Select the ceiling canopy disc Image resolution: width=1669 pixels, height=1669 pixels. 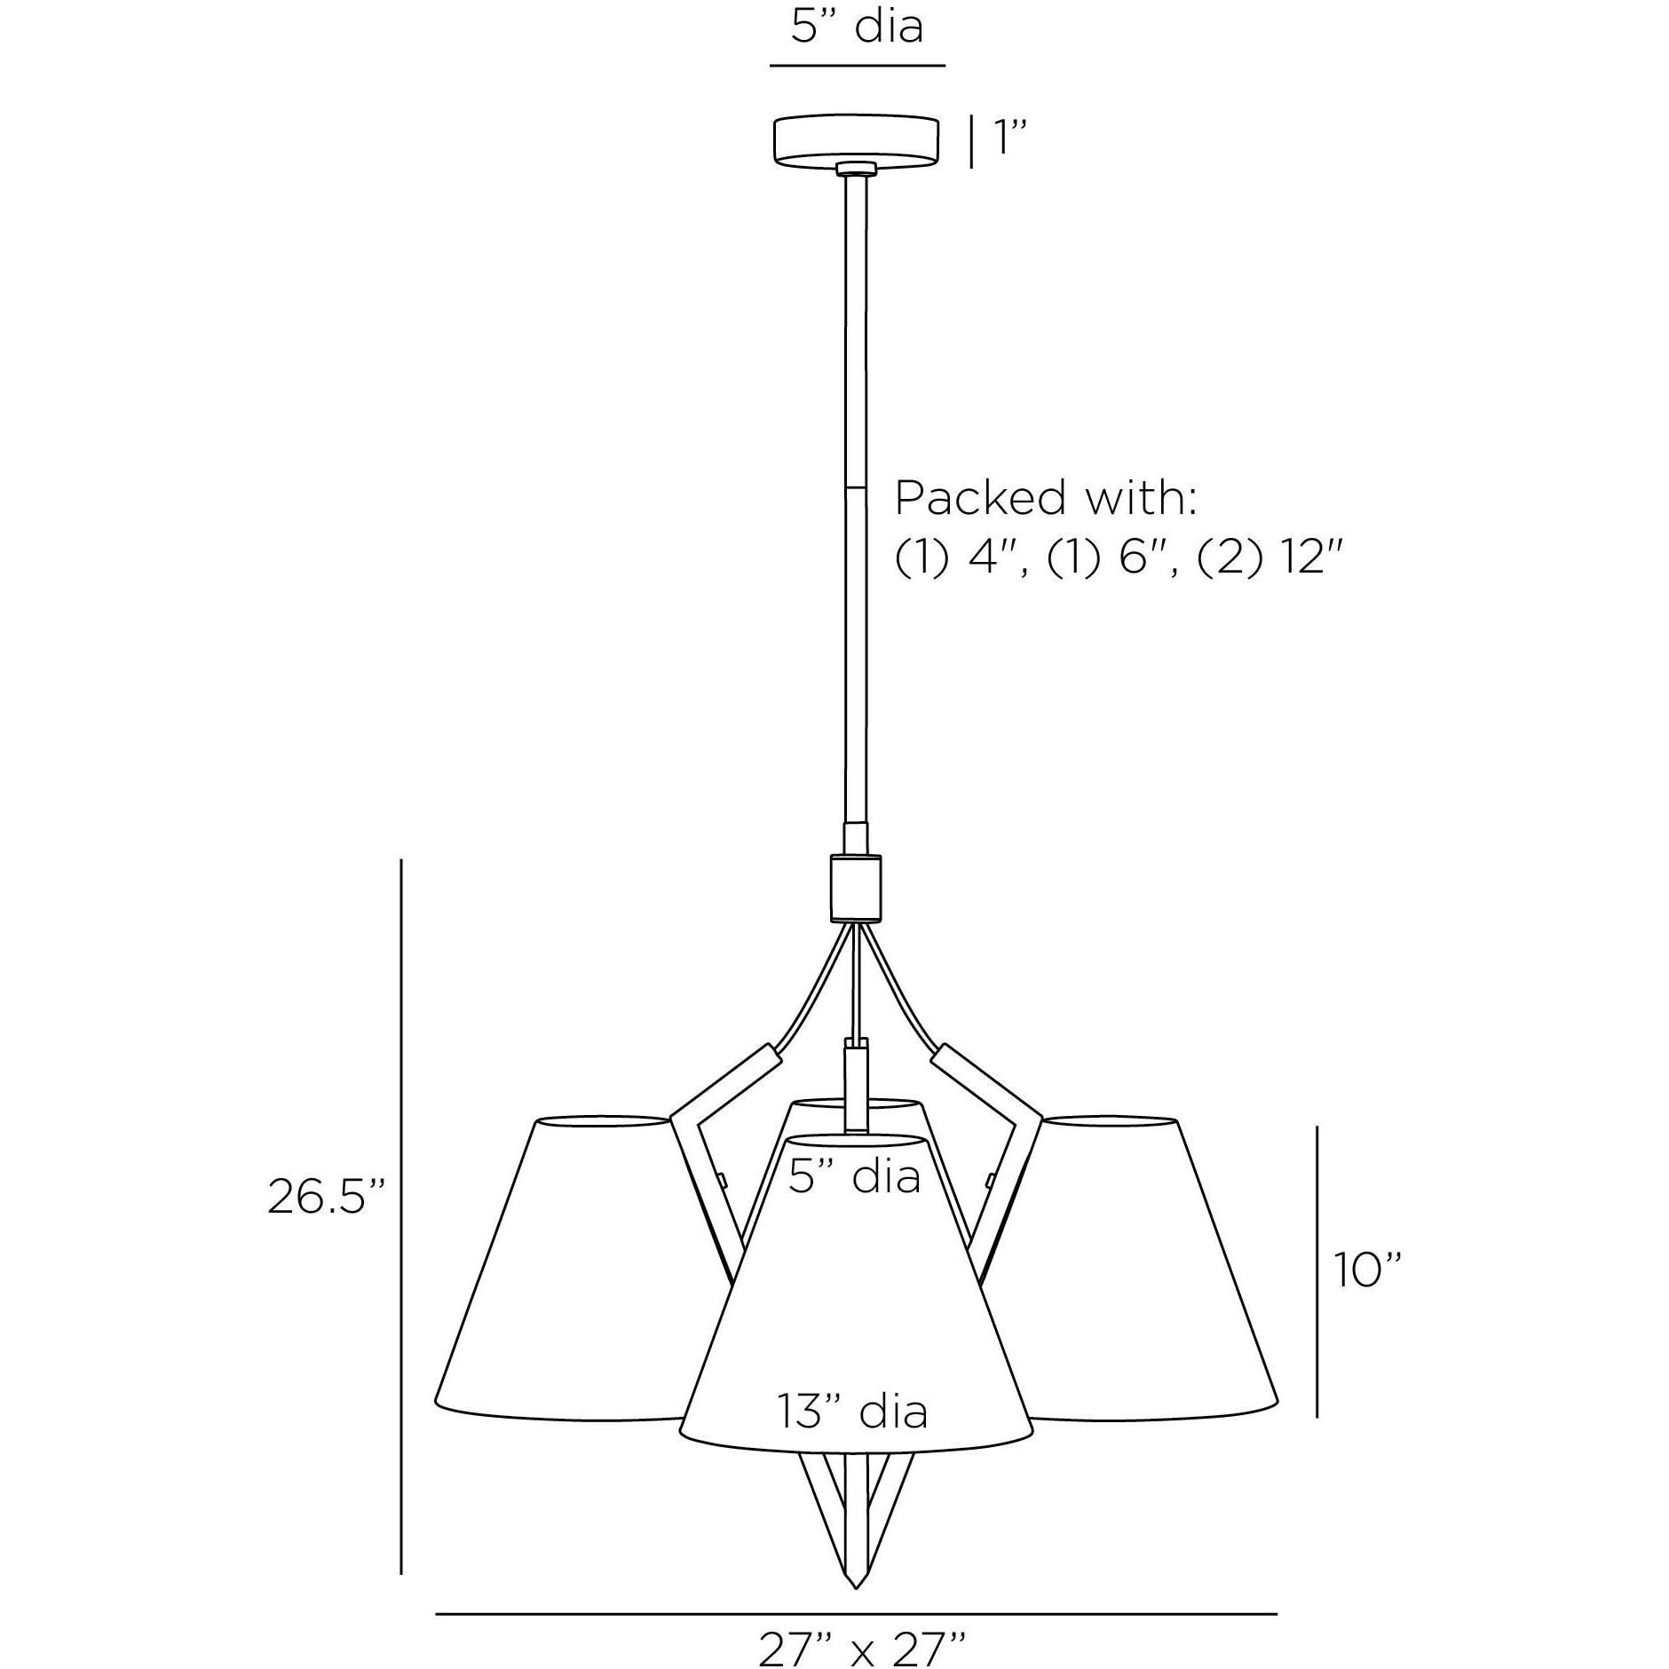coord(856,140)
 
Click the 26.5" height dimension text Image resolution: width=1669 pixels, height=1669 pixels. coord(328,1198)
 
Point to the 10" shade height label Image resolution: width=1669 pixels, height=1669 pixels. coord(1367,1270)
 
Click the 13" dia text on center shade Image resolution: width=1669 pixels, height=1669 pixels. coord(853,1412)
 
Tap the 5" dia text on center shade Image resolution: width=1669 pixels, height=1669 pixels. coord(854,1177)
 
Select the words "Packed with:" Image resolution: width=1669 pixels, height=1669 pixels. coord(1046,498)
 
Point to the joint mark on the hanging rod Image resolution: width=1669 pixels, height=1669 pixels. coord(856,487)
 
